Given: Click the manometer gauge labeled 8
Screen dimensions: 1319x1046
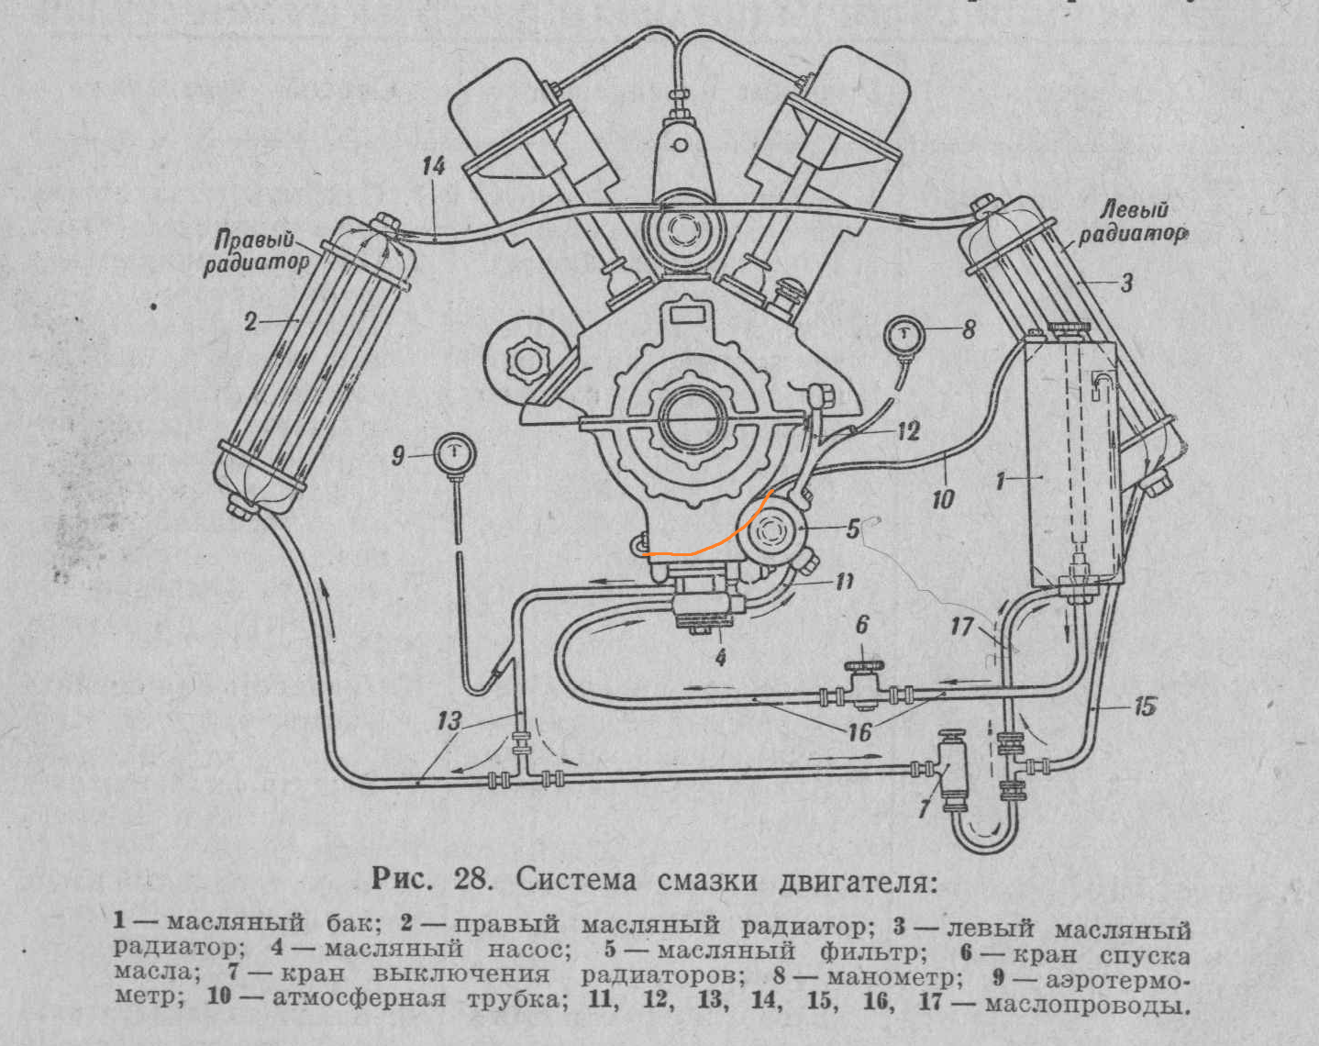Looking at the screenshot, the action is (905, 336).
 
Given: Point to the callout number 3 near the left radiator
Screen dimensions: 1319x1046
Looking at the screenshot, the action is (1127, 282).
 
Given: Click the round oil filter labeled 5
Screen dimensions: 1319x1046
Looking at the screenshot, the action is (772, 532).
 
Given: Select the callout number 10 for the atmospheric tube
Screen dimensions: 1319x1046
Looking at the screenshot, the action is (942, 499).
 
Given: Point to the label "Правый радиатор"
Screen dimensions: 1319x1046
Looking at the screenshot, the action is (256, 252).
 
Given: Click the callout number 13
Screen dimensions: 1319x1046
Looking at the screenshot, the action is (449, 720).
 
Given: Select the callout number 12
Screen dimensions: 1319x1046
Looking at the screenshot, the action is (908, 430).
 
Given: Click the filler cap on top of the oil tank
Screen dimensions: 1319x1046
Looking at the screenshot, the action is (1070, 328).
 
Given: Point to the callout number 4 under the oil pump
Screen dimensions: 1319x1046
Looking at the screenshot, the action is (721, 657).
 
